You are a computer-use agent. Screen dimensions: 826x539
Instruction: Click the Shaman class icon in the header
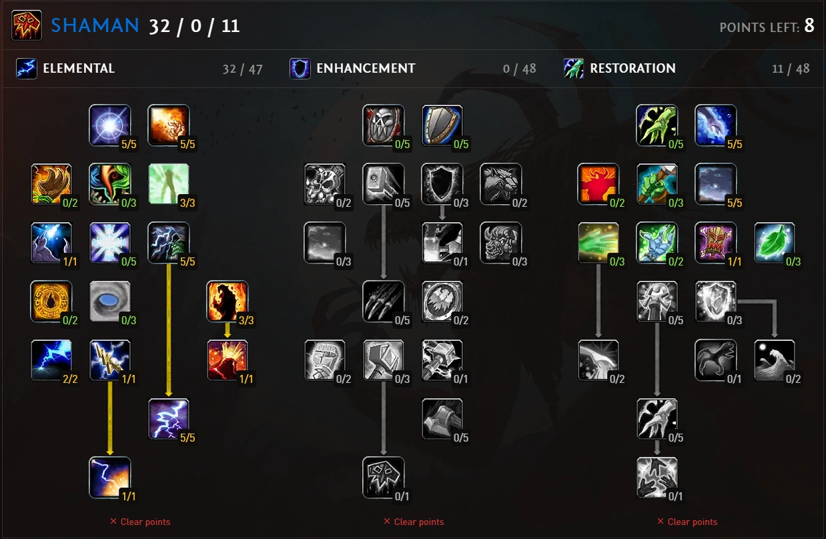(x=27, y=25)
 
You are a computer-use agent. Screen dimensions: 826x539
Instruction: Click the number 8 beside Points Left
(x=809, y=26)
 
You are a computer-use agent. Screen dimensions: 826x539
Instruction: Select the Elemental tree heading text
(x=79, y=68)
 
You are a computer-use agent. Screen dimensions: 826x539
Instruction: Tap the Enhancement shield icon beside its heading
(x=300, y=68)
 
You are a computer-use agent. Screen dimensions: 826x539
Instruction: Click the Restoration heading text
(x=633, y=68)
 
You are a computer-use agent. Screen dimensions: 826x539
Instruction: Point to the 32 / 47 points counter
(x=243, y=69)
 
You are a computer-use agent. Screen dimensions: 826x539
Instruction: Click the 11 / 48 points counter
(x=790, y=69)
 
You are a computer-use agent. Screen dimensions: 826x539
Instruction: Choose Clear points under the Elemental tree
(x=140, y=522)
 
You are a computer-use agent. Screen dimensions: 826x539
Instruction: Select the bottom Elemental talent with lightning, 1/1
(x=110, y=478)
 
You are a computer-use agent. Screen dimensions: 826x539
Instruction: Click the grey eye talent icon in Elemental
(x=110, y=302)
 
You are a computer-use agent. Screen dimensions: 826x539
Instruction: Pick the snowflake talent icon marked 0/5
(x=110, y=243)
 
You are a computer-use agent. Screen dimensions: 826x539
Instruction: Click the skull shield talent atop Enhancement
(x=384, y=125)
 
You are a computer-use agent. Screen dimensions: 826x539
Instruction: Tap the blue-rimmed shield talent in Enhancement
(x=442, y=125)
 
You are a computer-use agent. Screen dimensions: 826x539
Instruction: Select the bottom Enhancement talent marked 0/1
(x=384, y=478)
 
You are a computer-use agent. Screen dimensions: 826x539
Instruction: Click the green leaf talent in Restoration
(x=775, y=243)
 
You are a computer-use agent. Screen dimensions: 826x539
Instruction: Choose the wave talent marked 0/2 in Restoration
(x=775, y=360)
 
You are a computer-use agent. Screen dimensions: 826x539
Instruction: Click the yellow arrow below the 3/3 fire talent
(x=228, y=330)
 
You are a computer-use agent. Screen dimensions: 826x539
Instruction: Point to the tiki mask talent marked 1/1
(x=716, y=243)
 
